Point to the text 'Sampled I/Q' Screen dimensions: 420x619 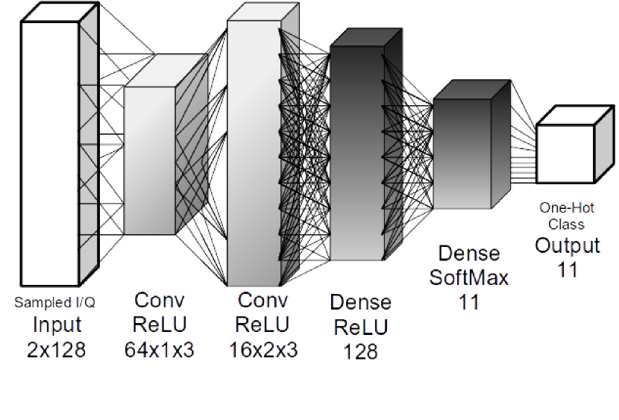(55, 303)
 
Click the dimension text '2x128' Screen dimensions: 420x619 (57, 349)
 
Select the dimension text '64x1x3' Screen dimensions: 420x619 (159, 349)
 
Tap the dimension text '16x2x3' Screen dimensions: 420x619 (263, 349)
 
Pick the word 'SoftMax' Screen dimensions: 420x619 (468, 278)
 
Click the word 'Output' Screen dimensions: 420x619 (568, 245)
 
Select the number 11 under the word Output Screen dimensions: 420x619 (568, 269)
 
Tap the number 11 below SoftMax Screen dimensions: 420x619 (468, 301)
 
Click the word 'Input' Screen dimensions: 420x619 (57, 325)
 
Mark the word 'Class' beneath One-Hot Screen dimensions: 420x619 (568, 224)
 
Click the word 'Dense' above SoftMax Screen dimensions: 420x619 (468, 254)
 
